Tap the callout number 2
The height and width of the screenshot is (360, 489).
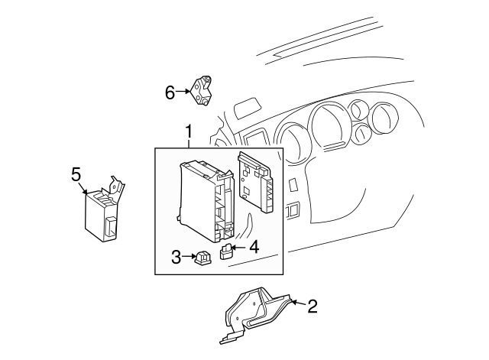[312, 306]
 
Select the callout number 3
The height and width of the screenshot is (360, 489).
[175, 258]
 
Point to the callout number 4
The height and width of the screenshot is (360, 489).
[254, 246]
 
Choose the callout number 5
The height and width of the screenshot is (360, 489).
[76, 174]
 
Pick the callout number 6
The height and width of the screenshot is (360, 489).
[170, 92]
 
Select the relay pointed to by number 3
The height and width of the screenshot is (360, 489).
[202, 259]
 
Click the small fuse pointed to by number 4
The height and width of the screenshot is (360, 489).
[226, 251]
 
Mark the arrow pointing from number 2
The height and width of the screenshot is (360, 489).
[297, 305]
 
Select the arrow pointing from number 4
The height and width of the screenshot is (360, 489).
[239, 246]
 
